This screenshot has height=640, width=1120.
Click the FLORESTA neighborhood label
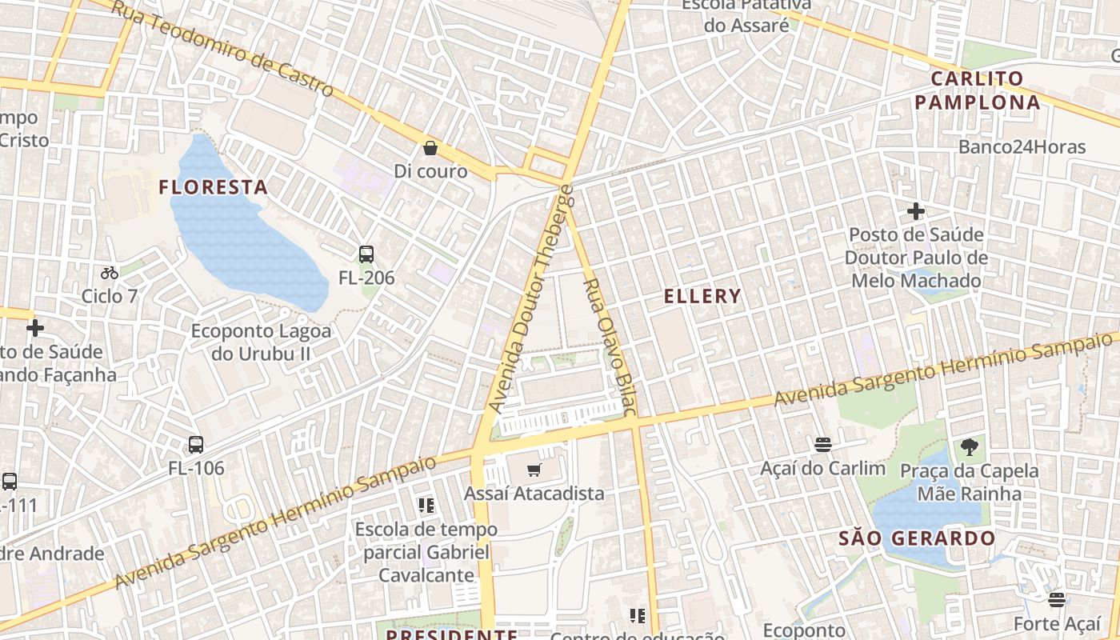click(x=213, y=187)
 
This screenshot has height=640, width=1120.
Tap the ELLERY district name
click(x=702, y=296)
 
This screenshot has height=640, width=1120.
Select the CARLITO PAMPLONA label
click(x=978, y=90)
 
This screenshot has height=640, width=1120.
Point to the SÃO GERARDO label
click(x=917, y=538)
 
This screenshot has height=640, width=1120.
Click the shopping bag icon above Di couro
click(x=430, y=148)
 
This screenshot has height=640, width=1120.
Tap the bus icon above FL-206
click(x=366, y=254)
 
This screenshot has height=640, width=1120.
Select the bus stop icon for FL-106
click(x=196, y=445)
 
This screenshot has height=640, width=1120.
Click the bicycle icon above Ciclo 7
click(x=110, y=273)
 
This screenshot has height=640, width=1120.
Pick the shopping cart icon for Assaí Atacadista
click(x=534, y=470)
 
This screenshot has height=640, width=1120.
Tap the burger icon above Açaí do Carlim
click(x=822, y=445)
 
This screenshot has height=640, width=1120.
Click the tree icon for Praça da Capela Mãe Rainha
click(x=970, y=447)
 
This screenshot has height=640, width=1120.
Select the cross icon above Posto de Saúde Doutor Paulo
click(x=916, y=212)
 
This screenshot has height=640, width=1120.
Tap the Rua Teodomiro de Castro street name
click(x=222, y=48)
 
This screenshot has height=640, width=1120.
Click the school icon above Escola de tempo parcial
click(x=426, y=505)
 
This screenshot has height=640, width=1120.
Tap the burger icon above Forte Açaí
click(x=1057, y=599)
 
